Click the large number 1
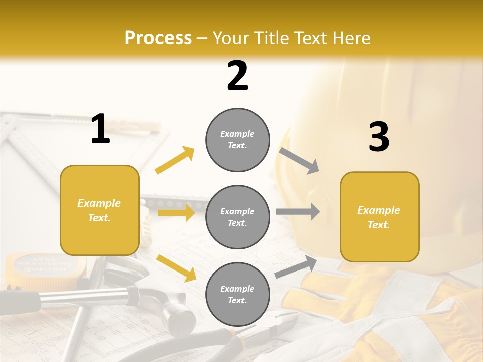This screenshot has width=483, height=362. click(x=100, y=129)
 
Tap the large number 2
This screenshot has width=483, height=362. click(x=237, y=76)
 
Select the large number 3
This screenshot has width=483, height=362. click(x=379, y=137)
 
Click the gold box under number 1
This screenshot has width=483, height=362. click(x=100, y=210)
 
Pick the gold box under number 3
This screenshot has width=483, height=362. click(x=379, y=217)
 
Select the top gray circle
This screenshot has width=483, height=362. click(x=237, y=140)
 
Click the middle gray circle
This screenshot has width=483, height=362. click(x=237, y=217)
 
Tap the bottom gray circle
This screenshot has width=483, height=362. click(x=237, y=294)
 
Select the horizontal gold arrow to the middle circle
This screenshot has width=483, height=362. click(x=176, y=213)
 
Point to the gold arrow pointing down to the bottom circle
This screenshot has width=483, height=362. click(x=176, y=267)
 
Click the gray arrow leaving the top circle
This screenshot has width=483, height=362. click(x=299, y=160)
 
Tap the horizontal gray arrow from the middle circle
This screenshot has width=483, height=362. click(x=297, y=211)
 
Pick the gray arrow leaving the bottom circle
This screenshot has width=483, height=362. click(x=296, y=267)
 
